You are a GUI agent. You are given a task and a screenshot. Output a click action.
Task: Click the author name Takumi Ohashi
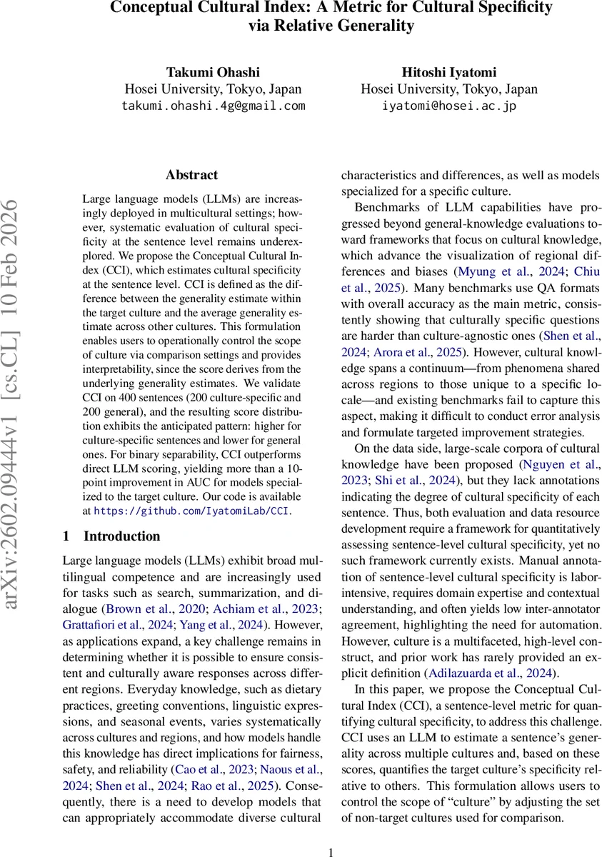pyautogui.click(x=213, y=73)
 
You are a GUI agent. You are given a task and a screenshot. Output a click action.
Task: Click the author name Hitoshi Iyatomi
pyautogui.click(x=449, y=73)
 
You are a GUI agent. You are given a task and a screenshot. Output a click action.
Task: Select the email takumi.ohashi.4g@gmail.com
pyautogui.click(x=213, y=105)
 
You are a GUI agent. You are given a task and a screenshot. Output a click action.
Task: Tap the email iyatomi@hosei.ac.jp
pyautogui.click(x=449, y=105)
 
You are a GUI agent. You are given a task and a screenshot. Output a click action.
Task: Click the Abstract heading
pyautogui.click(x=191, y=175)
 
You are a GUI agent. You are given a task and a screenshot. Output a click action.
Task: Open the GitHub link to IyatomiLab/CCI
pyautogui.click(x=191, y=511)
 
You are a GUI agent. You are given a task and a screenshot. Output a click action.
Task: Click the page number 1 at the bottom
pyautogui.click(x=331, y=851)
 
